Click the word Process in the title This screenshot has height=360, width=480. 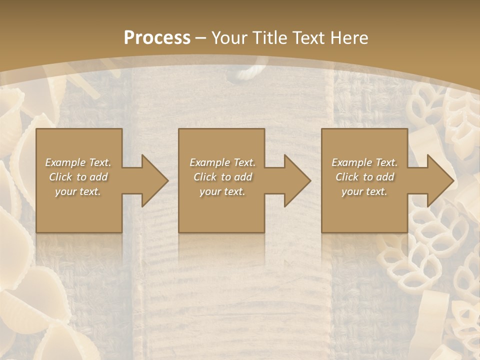[157, 37]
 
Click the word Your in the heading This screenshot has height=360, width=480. [229, 37]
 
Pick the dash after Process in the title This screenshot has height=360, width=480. [201, 38]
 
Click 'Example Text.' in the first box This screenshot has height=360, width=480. [78, 162]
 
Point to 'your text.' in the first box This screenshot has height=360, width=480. [78, 191]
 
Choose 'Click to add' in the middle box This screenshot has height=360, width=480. [222, 177]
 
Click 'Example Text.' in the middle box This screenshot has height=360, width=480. [222, 162]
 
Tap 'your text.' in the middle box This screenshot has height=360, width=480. [222, 191]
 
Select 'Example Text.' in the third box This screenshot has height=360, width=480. [364, 162]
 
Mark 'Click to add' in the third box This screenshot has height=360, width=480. [364, 177]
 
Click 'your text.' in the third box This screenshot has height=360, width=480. [364, 191]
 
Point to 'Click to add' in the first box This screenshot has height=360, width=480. [78, 177]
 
